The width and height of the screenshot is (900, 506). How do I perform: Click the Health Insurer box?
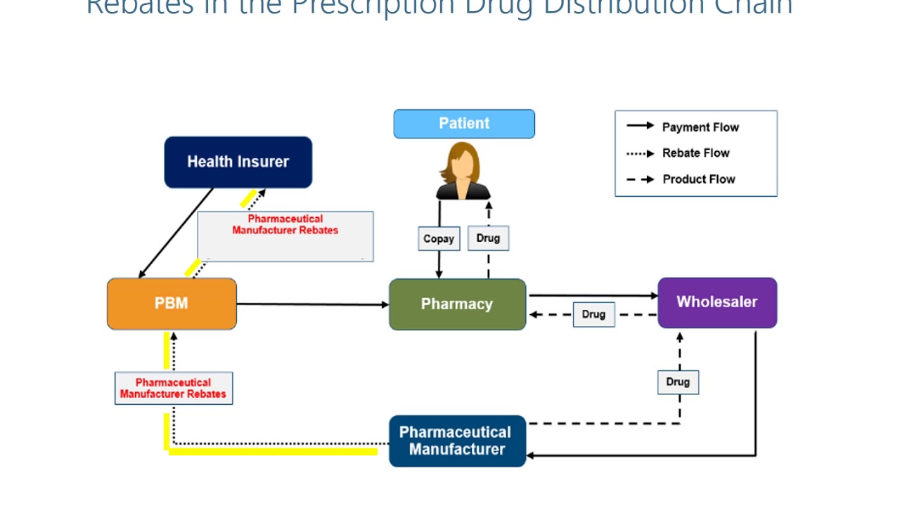(x=238, y=162)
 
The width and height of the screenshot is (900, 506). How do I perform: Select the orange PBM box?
(x=172, y=304)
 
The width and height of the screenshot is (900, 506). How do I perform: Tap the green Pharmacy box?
(x=457, y=304)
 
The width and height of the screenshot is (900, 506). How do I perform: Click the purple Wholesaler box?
(x=717, y=302)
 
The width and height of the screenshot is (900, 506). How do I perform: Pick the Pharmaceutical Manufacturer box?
(x=457, y=441)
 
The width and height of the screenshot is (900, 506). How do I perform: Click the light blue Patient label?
(x=464, y=124)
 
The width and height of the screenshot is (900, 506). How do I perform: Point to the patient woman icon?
(x=463, y=171)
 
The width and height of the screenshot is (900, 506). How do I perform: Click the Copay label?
(x=439, y=239)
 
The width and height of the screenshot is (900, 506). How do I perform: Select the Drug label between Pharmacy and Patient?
(x=488, y=238)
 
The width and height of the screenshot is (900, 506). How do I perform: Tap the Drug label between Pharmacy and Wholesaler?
(x=593, y=314)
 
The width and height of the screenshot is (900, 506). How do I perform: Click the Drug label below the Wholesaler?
(x=678, y=382)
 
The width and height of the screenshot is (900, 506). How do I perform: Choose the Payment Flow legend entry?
(x=700, y=127)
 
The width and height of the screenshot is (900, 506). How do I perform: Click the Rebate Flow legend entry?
(x=695, y=153)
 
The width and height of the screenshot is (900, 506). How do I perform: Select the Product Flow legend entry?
(x=698, y=179)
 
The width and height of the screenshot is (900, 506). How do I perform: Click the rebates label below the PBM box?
(x=174, y=388)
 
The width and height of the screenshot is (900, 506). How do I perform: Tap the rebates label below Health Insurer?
(x=285, y=225)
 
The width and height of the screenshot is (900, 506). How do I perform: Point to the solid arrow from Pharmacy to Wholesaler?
(x=592, y=295)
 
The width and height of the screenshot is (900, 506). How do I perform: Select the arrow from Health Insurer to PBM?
(x=176, y=233)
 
